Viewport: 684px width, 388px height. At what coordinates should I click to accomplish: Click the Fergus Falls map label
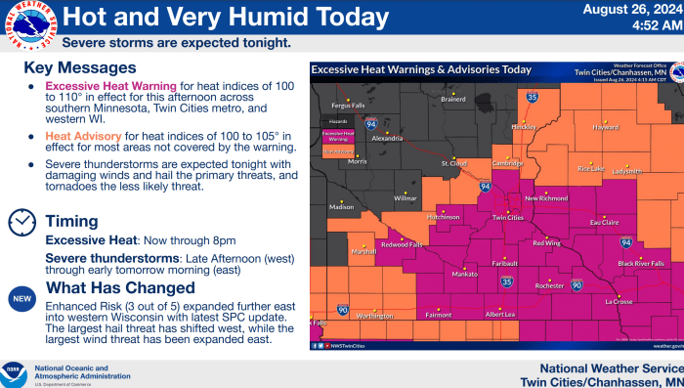(x=348, y=105)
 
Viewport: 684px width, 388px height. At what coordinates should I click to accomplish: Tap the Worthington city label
(x=375, y=316)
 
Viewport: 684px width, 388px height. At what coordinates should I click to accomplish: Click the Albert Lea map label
(x=500, y=314)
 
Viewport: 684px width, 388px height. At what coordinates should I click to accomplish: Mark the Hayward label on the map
(x=606, y=127)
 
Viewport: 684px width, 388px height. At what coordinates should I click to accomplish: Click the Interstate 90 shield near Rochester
(x=577, y=284)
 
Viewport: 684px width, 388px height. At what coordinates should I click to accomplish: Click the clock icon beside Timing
(x=21, y=222)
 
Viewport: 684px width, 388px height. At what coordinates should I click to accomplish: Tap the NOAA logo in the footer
(x=15, y=372)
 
